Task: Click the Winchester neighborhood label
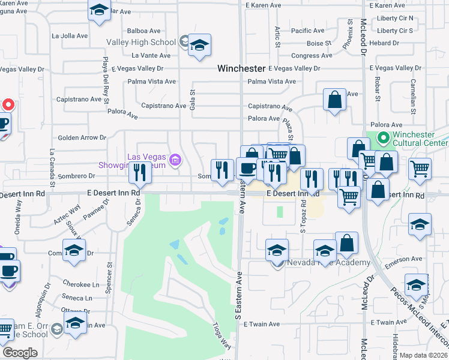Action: [241, 68]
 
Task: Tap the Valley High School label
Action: [141, 42]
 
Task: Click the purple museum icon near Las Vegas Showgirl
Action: [175, 160]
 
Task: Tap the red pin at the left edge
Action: [8, 104]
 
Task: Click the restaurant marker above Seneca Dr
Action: [140, 173]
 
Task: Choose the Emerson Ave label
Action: [405, 259]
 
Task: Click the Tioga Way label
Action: [221, 335]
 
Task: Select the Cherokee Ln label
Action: [80, 284]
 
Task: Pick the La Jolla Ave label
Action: [70, 35]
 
